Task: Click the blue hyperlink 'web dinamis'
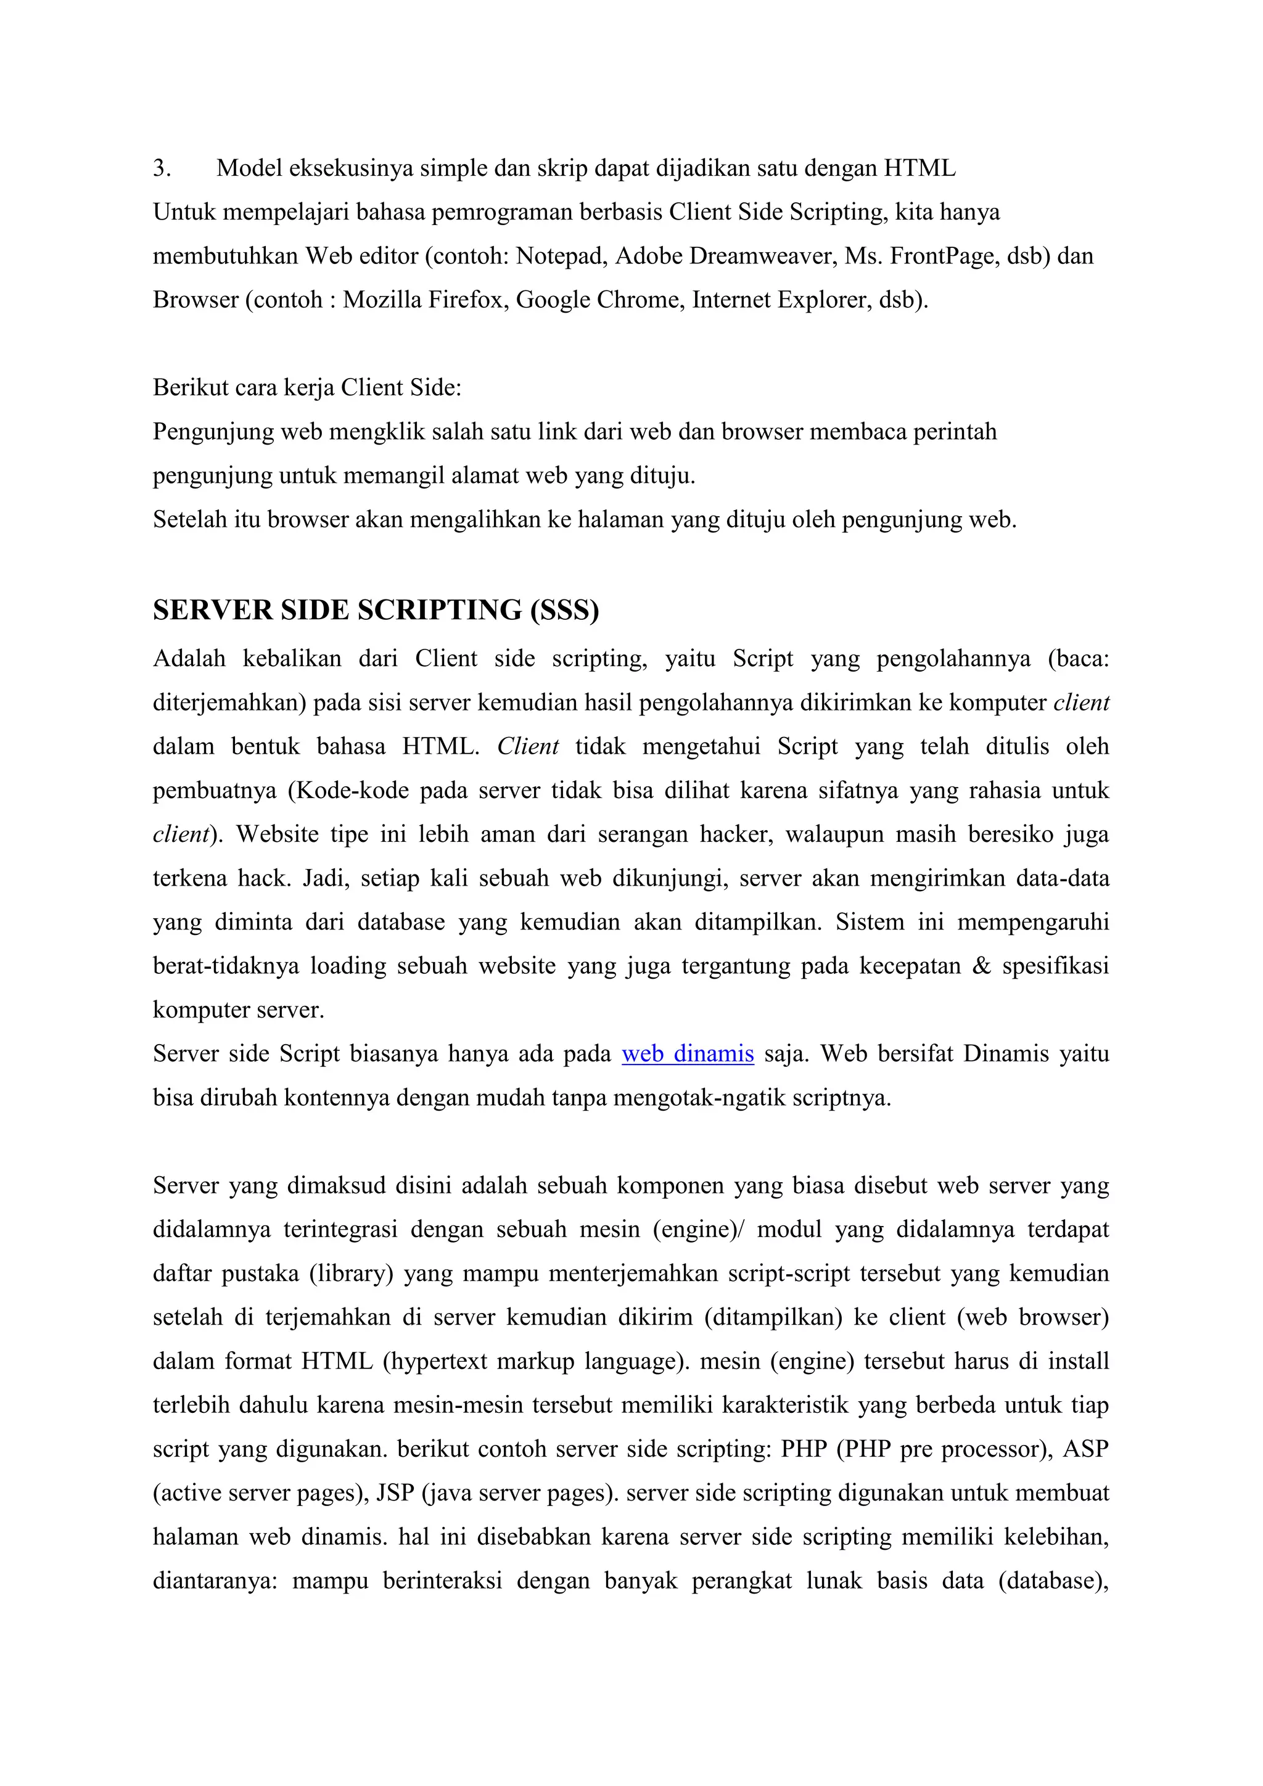pyautogui.click(x=688, y=1054)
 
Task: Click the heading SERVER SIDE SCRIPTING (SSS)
pyautogui.click(x=376, y=610)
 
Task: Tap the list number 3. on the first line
pyautogui.click(x=162, y=168)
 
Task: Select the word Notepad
pyautogui.click(x=561, y=256)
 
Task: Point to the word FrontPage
pyautogui.click(x=944, y=256)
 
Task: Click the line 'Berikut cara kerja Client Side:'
pyautogui.click(x=307, y=387)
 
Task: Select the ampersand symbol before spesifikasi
pyautogui.click(x=981, y=966)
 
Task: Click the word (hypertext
pyautogui.click(x=435, y=1361)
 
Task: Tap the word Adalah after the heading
pyautogui.click(x=189, y=659)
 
